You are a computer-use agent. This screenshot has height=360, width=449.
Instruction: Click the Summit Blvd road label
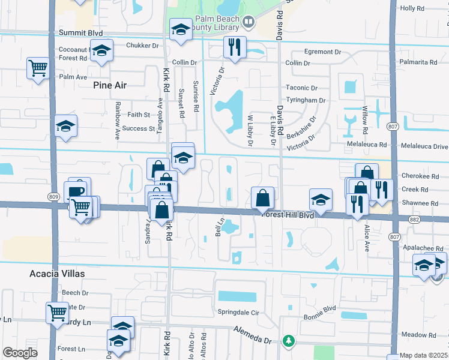pyautogui.click(x=80, y=32)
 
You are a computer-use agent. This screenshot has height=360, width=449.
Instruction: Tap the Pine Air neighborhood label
pyautogui.click(x=110, y=85)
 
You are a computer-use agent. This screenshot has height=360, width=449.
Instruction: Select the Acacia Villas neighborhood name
pyautogui.click(x=57, y=273)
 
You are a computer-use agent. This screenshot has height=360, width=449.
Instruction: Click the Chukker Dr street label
pyautogui.click(x=142, y=45)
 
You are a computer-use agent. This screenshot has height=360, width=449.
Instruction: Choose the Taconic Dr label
pyautogui.click(x=301, y=88)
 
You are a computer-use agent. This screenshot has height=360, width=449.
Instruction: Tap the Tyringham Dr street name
pyautogui.click(x=306, y=100)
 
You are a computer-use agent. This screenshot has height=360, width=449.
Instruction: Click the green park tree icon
pyautogui.click(x=289, y=341)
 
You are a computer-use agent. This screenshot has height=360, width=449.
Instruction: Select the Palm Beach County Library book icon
pyautogui.click(x=249, y=23)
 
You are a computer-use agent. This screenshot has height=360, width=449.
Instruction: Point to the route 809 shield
pyautogui.click(x=53, y=196)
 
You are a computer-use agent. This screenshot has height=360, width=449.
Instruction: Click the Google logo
pyautogui.click(x=20, y=353)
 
